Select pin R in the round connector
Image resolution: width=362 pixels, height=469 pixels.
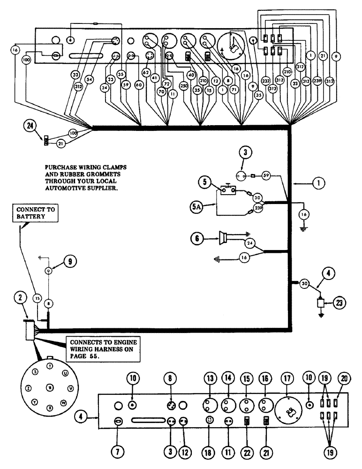[x=49, y=387]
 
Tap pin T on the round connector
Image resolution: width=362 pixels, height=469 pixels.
[x=50, y=365]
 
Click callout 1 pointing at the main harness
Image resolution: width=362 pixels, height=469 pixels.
[x=318, y=184]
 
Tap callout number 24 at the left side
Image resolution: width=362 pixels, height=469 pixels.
[x=30, y=125]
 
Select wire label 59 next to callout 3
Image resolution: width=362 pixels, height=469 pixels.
[x=265, y=177]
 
